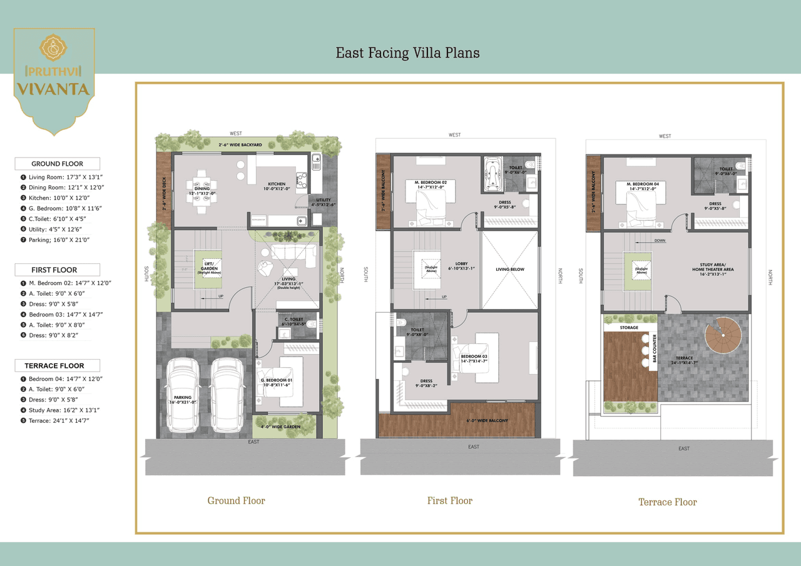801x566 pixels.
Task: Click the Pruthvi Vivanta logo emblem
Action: click(x=53, y=49)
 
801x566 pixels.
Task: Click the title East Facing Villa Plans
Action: click(x=407, y=53)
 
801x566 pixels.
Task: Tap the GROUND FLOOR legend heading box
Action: click(x=57, y=164)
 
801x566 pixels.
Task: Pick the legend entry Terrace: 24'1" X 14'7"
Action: click(x=59, y=420)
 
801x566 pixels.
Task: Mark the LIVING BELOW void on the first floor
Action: click(x=509, y=270)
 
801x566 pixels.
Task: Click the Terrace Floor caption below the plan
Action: click(x=667, y=502)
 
